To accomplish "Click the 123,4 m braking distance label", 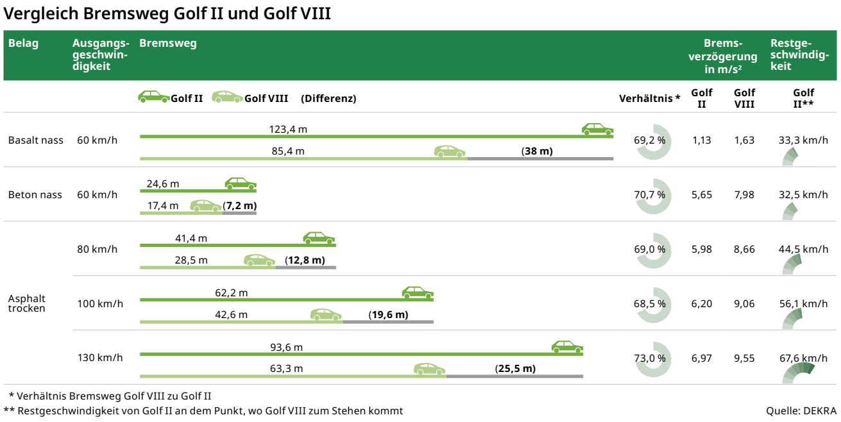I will point(288,130).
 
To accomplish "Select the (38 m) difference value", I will point(537,151).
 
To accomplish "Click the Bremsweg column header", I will point(168,44).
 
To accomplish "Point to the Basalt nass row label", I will point(36,140).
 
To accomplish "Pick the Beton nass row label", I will point(35,195).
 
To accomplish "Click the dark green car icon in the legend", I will point(154,97).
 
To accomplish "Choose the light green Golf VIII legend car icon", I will point(228,97).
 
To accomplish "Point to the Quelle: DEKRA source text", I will point(801,411).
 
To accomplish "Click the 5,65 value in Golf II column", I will point(702,195).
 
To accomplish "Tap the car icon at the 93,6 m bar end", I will point(567,347).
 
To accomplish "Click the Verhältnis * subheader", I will point(649,99).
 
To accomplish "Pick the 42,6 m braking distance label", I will point(231,315).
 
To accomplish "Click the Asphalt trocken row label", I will point(27,303).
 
